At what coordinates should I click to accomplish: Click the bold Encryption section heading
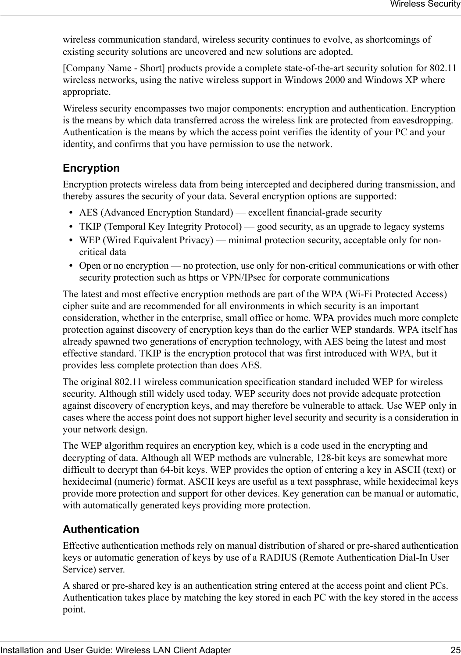(91, 168)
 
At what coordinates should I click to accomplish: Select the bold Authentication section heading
(101, 529)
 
